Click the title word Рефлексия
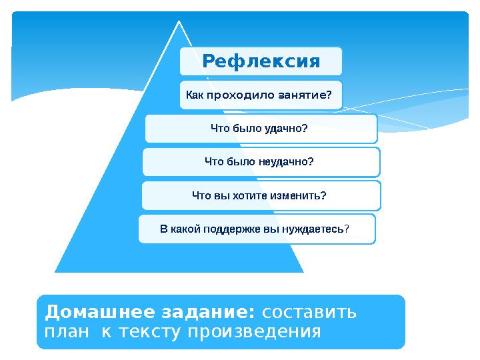pyautogui.click(x=261, y=62)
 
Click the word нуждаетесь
pyautogui.click(x=311, y=229)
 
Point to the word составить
pyautogui.click(x=310, y=312)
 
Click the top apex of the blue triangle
pyautogui.click(x=179, y=22)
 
